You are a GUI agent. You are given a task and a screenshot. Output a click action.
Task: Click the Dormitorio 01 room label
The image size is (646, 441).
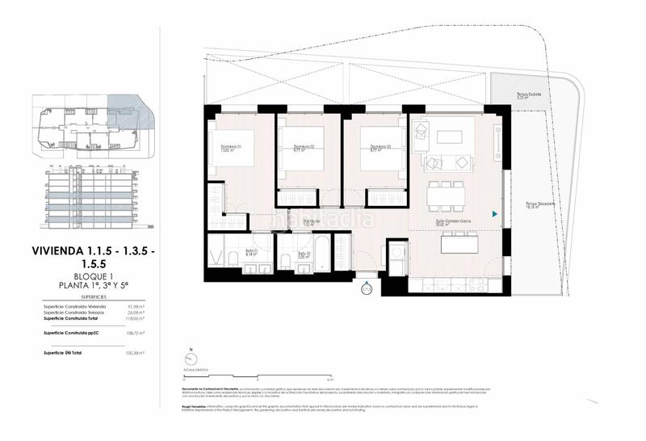pyautogui.click(x=232, y=146)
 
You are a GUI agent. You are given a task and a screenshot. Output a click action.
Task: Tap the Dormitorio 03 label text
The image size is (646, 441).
pyautogui.click(x=374, y=146)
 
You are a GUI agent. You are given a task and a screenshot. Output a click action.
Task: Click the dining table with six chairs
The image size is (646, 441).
pyautogui.click(x=446, y=195)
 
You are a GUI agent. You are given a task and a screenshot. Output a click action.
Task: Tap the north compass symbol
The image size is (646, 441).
pyautogui.click(x=191, y=359)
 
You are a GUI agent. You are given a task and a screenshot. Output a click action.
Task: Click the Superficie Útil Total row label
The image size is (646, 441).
pyautogui.click(x=66, y=353)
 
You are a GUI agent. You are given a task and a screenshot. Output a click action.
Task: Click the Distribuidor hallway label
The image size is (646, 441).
pyautogui.click(x=313, y=220)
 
